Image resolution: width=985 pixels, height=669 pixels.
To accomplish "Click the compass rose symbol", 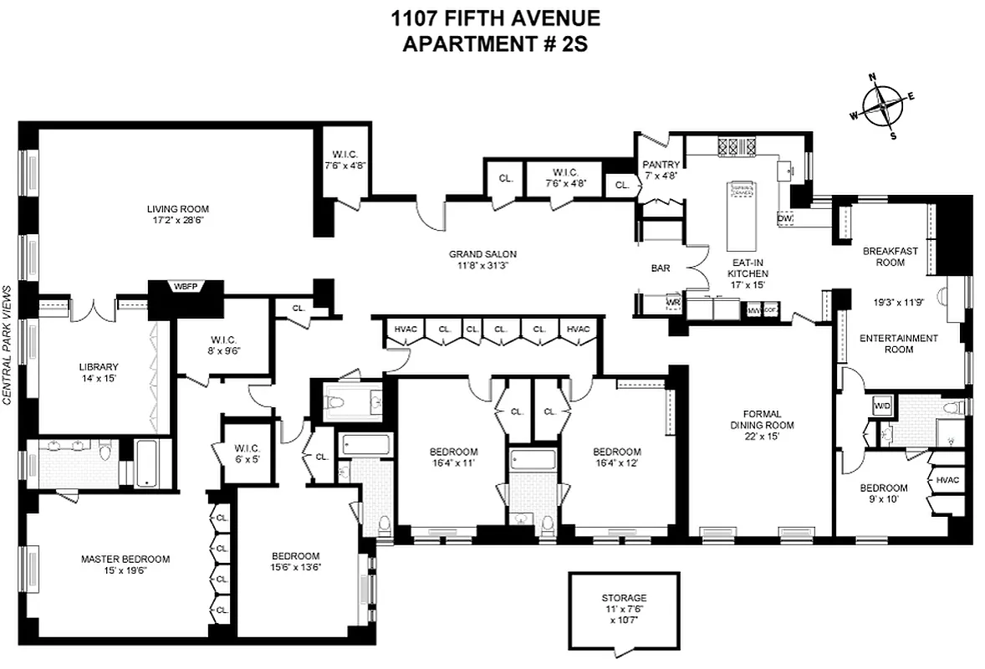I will click(883, 106).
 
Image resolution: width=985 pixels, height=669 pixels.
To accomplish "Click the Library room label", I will click(100, 366).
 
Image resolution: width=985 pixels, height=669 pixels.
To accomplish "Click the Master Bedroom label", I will click(125, 559).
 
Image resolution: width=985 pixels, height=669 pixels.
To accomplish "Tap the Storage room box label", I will click(624, 598).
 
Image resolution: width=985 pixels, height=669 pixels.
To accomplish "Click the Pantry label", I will click(661, 165).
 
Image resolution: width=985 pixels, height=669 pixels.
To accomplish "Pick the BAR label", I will click(661, 269).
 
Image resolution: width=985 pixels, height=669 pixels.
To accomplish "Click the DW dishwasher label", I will click(784, 218).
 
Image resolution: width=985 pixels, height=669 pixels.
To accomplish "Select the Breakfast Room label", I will click(884, 256).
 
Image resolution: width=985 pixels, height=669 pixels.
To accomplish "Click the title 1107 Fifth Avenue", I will click(495, 17).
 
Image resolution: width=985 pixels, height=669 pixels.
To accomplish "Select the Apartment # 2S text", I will click(495, 43).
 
